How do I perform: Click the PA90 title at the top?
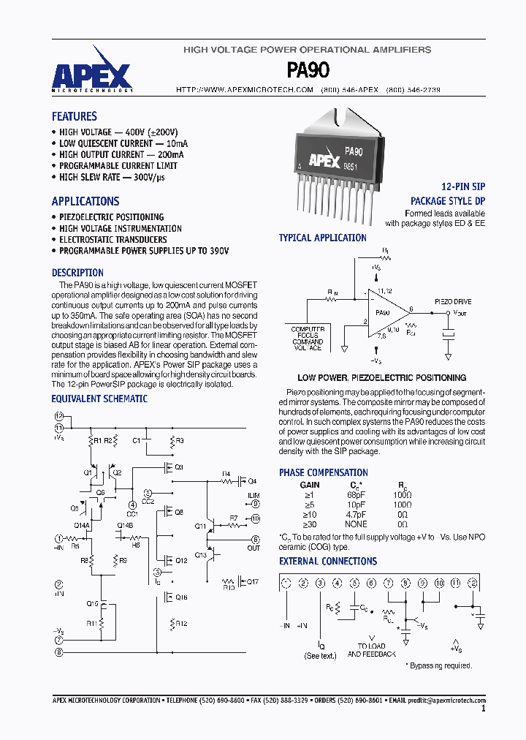pos(308,70)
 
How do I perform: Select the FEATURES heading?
pos(74,116)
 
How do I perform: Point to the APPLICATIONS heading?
pos(85,201)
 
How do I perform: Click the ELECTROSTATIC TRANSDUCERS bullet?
pos(113,239)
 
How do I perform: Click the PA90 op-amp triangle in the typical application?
pos(384,312)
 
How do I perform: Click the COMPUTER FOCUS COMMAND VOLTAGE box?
pos(308,339)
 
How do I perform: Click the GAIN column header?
pos(310,485)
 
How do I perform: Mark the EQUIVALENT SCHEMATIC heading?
pos(99,399)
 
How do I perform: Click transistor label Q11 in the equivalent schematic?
pos(200,526)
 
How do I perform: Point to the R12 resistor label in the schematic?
pos(181,623)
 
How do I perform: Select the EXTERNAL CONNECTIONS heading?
pos(328,562)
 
